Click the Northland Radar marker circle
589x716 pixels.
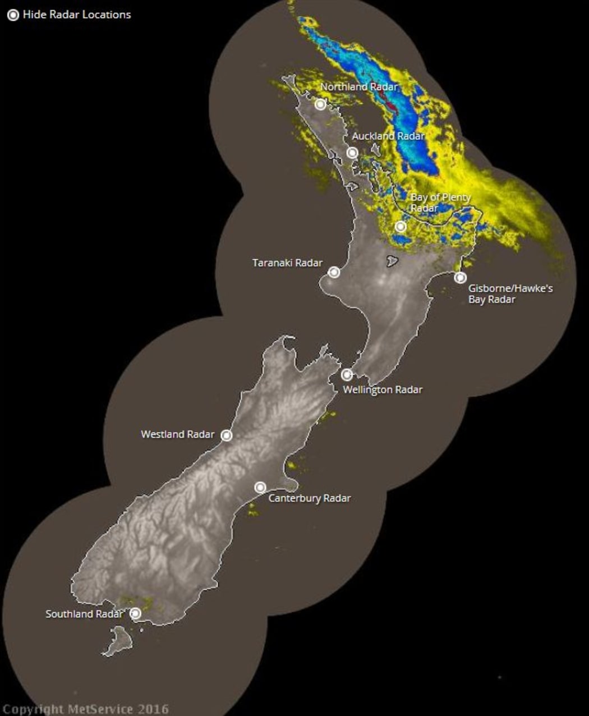(320, 104)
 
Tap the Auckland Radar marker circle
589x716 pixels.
(352, 153)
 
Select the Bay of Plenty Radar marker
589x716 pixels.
(401, 227)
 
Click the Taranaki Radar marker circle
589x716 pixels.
(334, 272)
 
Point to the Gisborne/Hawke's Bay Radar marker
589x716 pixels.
(460, 277)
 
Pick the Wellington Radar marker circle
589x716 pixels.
(347, 374)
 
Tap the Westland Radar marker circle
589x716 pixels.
(226, 435)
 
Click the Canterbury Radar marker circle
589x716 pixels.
(260, 487)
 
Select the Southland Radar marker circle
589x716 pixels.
(135, 613)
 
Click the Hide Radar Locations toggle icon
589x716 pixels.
(13, 15)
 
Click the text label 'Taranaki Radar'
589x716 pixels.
(287, 263)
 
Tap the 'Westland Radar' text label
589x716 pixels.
(177, 434)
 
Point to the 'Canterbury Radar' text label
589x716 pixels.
(309, 498)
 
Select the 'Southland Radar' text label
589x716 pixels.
(84, 614)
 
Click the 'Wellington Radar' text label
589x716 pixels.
(383, 389)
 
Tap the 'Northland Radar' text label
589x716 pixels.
(358, 87)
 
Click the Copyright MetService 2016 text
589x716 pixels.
(85, 709)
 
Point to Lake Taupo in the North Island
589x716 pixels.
(393, 261)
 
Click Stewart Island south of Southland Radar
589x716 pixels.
(118, 641)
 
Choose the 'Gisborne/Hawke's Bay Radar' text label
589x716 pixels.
(510, 293)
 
